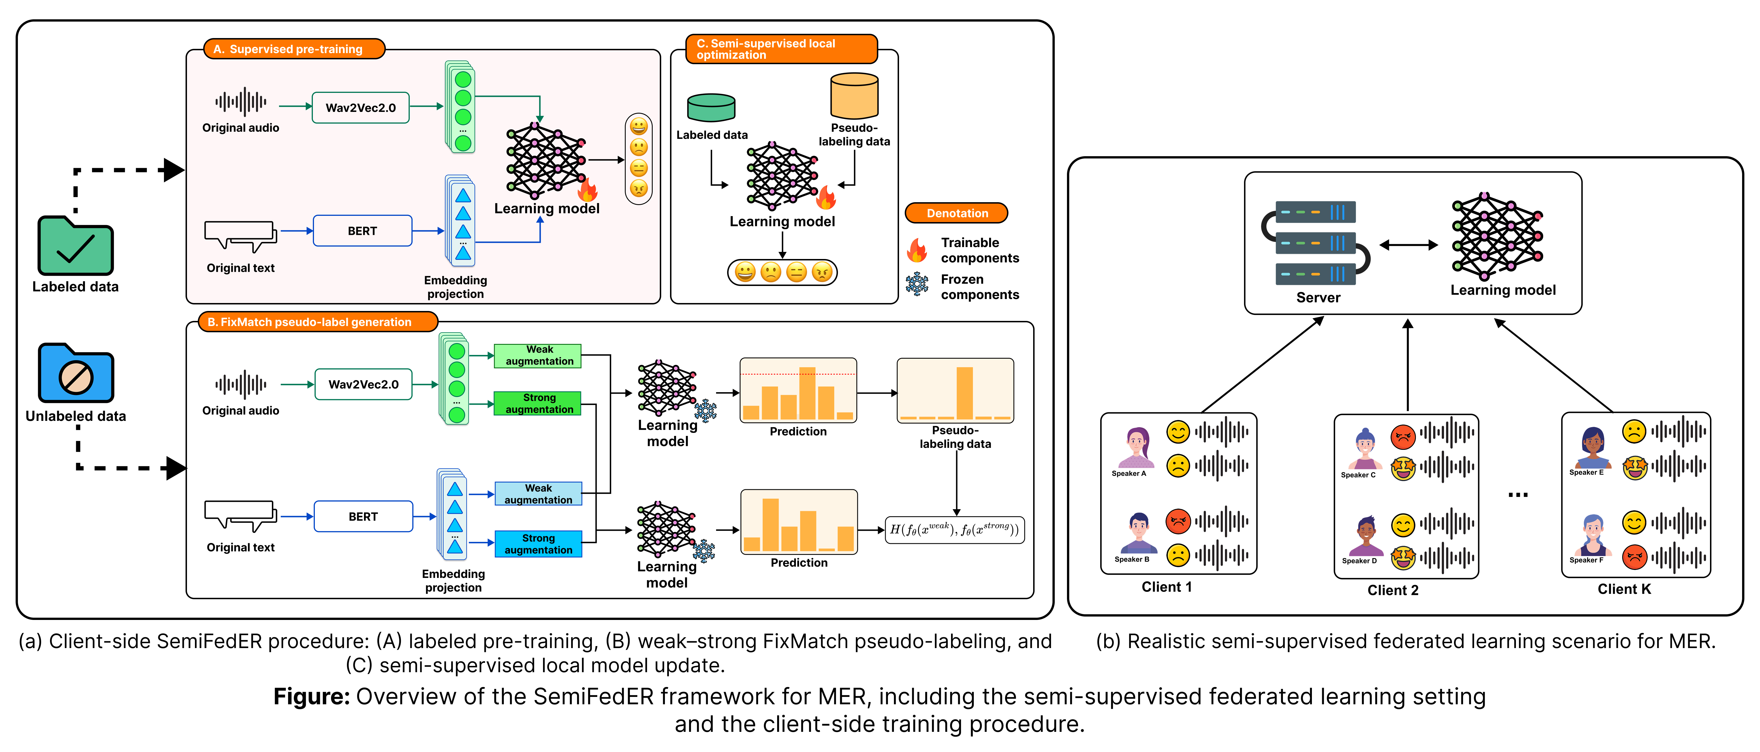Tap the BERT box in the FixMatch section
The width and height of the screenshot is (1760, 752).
363,516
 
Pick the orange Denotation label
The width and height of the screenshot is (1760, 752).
956,213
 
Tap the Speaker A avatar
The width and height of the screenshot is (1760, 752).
1135,447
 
